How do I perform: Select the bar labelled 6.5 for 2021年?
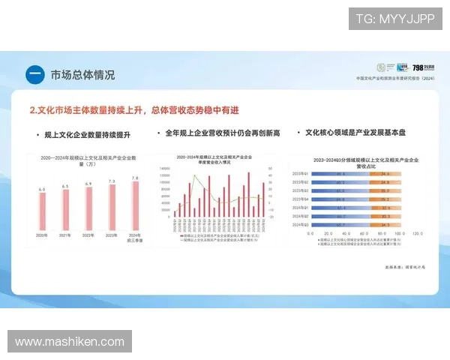[65, 210]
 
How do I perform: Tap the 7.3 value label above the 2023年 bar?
[112, 181]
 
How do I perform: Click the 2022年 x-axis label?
[88, 235]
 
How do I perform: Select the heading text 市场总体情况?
[82, 75]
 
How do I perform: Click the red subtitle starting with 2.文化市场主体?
[134, 110]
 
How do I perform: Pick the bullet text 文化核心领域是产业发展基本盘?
[355, 133]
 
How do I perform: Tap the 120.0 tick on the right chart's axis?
[416, 233]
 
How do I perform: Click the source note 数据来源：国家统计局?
[404, 266]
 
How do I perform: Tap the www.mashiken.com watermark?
[69, 341]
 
